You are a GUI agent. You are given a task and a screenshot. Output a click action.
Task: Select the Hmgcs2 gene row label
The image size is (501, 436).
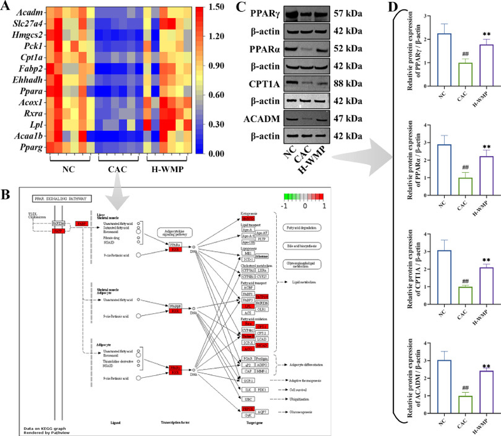(31, 36)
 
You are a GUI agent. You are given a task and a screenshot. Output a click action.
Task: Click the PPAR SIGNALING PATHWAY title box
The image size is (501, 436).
(58, 198)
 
